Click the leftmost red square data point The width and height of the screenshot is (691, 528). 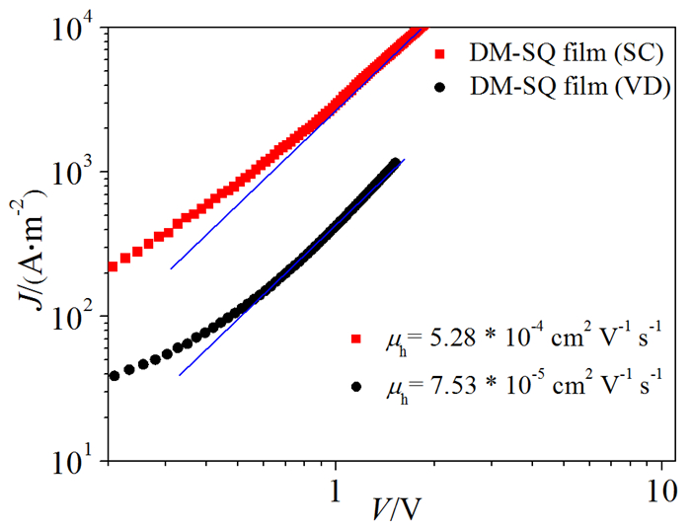coord(114,266)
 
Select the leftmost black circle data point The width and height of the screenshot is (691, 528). coord(115,376)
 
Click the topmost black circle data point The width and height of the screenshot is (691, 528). coord(395,163)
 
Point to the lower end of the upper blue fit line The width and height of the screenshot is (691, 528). coord(171,268)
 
